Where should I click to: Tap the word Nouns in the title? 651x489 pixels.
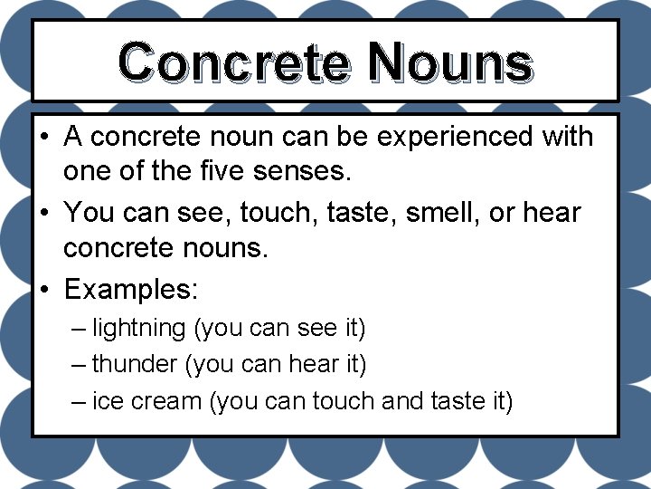[450, 62]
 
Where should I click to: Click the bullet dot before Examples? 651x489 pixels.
[44, 290]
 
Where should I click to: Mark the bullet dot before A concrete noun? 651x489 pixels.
[44, 138]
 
